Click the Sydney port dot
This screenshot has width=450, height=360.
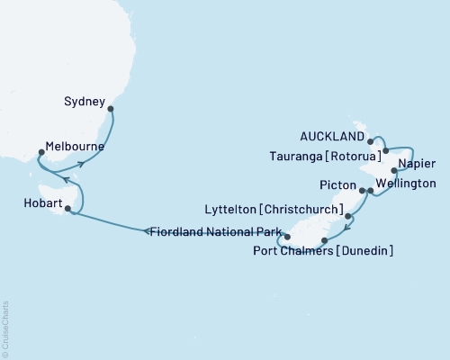[x=111, y=109]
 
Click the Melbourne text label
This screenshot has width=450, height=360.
[x=75, y=146]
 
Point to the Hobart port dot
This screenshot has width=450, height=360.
[x=67, y=210]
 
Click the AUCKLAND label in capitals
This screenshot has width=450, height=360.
[x=333, y=137]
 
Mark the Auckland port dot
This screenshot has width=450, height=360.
[x=371, y=141]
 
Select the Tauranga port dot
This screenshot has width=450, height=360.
[x=385, y=151]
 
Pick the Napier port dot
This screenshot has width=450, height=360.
[x=393, y=170]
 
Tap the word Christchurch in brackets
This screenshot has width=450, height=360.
[x=301, y=209]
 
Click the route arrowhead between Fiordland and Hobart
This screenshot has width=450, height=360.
[x=147, y=232]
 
